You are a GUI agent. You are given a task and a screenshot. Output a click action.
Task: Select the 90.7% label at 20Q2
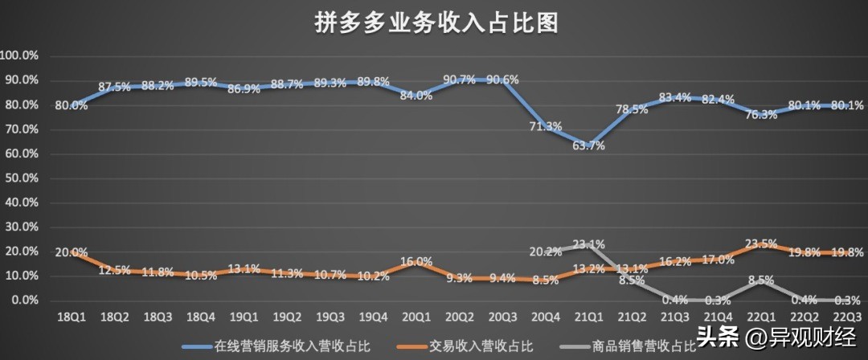click(x=459, y=80)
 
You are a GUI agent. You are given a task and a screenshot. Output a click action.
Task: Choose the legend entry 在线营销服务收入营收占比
click(x=289, y=346)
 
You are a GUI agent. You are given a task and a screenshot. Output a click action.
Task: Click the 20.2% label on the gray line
click(x=547, y=251)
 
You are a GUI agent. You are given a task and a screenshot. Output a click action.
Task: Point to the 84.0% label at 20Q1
click(x=416, y=96)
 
